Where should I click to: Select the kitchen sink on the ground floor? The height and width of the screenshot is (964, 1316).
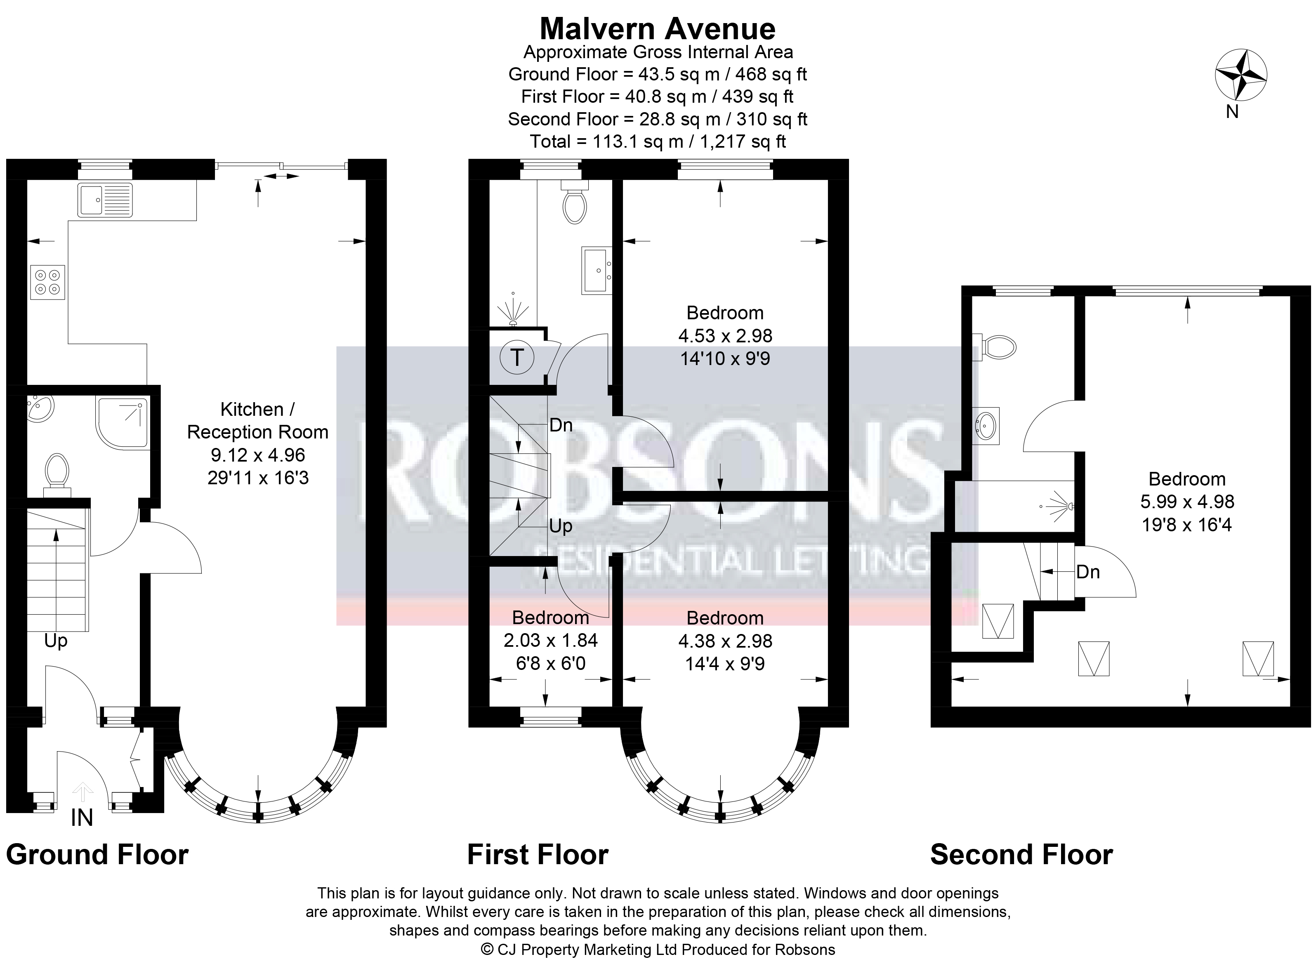(x=105, y=200)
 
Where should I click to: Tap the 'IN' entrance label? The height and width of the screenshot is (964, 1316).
(x=82, y=818)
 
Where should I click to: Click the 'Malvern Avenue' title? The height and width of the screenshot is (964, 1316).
(x=658, y=28)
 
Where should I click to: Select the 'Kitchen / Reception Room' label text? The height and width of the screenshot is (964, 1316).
(x=257, y=420)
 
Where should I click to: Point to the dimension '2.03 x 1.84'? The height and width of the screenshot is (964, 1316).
(x=550, y=640)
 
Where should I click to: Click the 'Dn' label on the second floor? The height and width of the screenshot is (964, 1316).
(x=1088, y=572)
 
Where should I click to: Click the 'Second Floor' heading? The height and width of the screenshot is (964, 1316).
(x=1021, y=855)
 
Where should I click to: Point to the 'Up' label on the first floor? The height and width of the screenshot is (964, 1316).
(x=560, y=526)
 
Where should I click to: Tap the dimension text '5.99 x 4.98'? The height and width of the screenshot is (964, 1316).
(x=1187, y=502)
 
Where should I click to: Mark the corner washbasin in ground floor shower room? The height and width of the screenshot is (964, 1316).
(x=40, y=407)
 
